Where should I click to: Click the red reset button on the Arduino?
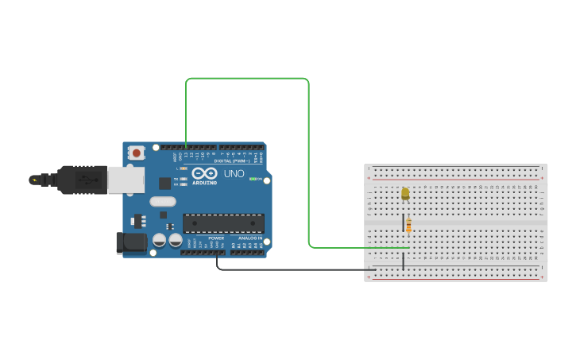(137, 152)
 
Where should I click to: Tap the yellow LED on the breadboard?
(405, 193)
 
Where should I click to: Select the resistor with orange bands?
(408, 226)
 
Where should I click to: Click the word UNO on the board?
(234, 173)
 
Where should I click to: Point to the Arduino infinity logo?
(204, 173)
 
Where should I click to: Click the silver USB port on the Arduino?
(126, 180)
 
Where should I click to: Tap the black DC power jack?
(130, 242)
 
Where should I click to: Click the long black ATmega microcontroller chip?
(223, 223)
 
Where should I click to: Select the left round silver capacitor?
(160, 239)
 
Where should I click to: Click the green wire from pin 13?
(308, 159)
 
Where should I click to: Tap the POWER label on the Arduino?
(216, 238)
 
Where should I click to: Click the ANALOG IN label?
(251, 238)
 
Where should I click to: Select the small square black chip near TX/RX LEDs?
(164, 183)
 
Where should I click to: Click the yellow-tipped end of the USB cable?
(34, 180)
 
